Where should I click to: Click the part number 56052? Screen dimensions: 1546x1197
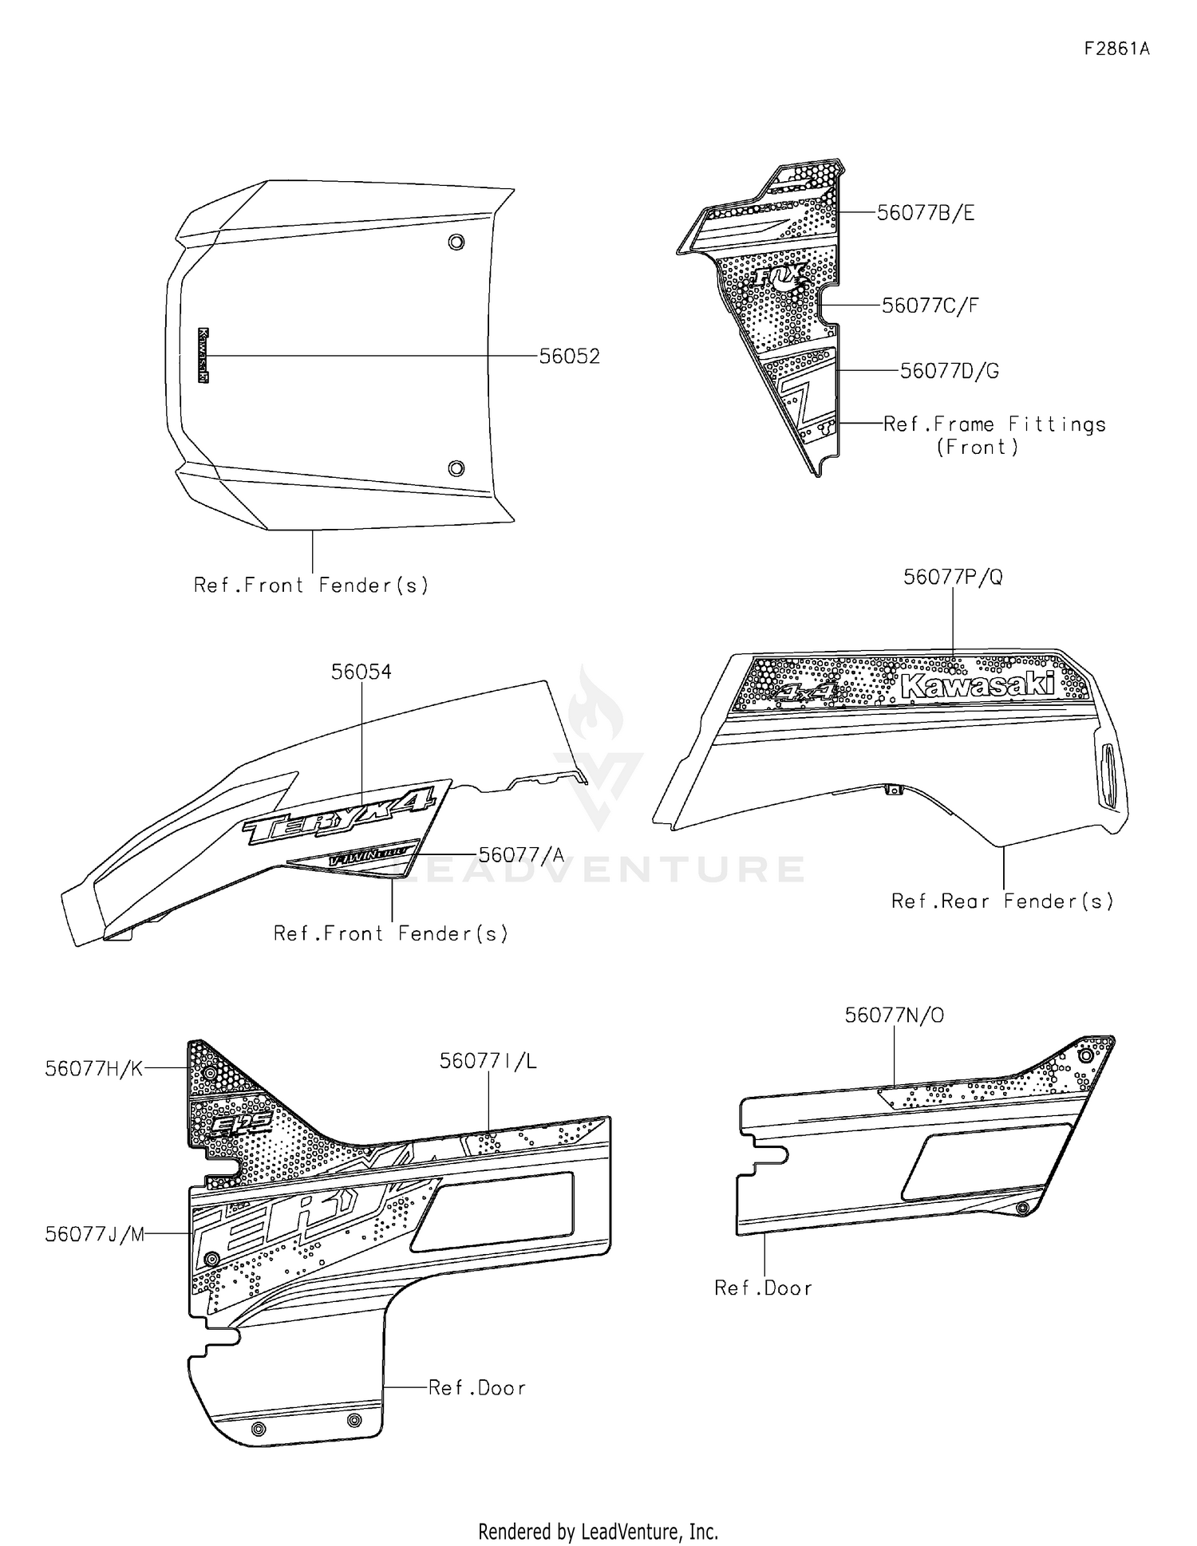569,357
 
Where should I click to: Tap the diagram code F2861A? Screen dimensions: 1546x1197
1116,49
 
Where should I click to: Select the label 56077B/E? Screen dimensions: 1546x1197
925,213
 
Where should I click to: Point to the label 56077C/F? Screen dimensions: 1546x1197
930,306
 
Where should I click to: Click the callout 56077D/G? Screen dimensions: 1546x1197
949,371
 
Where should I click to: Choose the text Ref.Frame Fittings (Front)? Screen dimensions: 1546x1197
994,436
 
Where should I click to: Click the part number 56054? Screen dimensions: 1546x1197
361,672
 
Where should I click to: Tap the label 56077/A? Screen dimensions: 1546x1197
521,855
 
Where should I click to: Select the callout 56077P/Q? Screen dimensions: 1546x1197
953,577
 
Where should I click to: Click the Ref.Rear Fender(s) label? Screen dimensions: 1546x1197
1002,901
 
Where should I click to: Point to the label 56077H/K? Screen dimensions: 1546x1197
94,1069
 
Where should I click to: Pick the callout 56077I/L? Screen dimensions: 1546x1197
488,1061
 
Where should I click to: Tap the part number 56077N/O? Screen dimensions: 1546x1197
894,1016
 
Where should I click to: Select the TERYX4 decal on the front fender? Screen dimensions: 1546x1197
340,813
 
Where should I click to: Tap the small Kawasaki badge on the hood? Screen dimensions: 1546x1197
203,356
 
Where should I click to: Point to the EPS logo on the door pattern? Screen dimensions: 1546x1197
242,1124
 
